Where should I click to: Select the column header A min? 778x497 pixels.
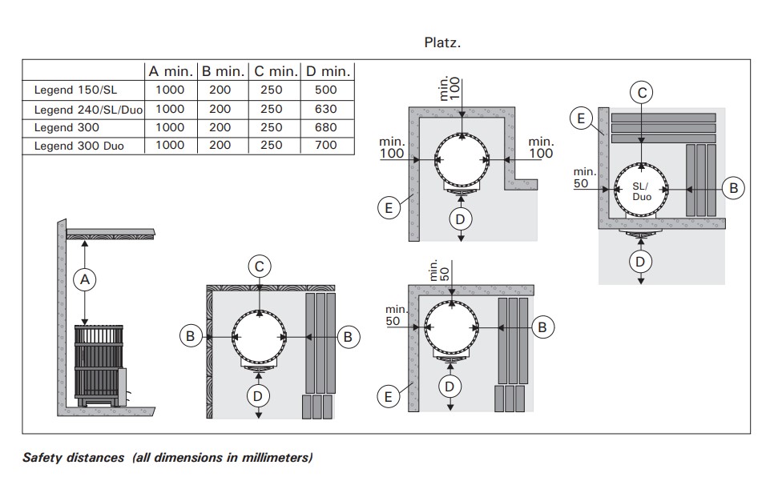pyautogui.click(x=170, y=71)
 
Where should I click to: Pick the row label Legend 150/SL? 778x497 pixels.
pyautogui.click(x=75, y=90)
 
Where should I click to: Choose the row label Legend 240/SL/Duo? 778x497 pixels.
pyautogui.click(x=88, y=109)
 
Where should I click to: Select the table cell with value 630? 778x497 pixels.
pyautogui.click(x=326, y=109)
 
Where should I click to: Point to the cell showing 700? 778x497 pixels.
pyautogui.click(x=326, y=146)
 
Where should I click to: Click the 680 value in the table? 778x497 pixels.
pyautogui.click(x=326, y=127)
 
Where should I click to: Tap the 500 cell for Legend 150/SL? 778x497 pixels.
pyautogui.click(x=326, y=90)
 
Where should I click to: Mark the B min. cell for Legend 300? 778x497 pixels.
pyautogui.click(x=220, y=127)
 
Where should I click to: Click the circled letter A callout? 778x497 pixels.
pyautogui.click(x=85, y=279)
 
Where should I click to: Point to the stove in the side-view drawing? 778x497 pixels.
pyautogui.click(x=97, y=364)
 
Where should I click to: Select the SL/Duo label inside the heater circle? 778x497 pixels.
pyautogui.click(x=641, y=190)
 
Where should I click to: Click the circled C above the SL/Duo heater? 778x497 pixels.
pyautogui.click(x=641, y=93)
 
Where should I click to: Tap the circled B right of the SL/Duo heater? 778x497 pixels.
pyautogui.click(x=732, y=188)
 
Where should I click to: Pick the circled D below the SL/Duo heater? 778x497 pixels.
pyautogui.click(x=639, y=261)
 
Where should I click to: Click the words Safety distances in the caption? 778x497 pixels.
pyautogui.click(x=73, y=458)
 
